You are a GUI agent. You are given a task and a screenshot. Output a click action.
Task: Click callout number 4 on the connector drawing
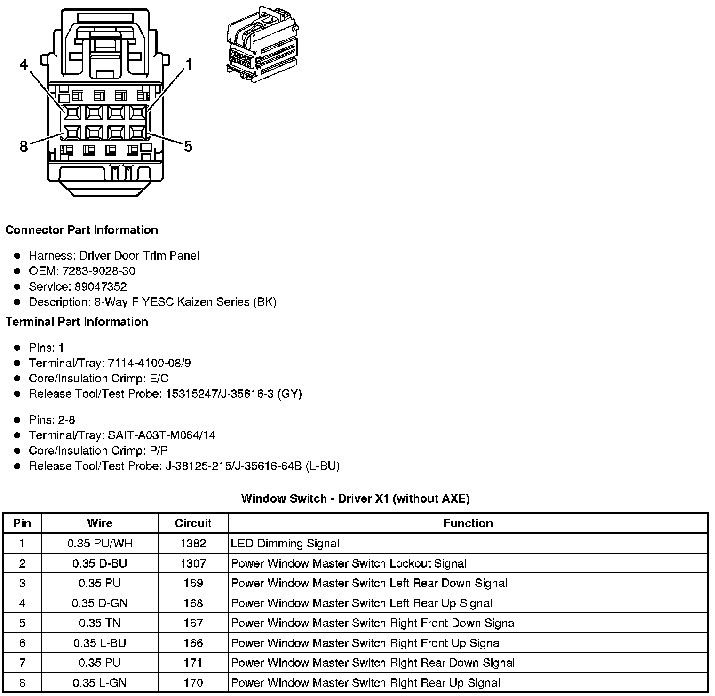point(24,65)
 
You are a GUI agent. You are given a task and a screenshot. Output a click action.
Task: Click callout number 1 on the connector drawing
point(189,65)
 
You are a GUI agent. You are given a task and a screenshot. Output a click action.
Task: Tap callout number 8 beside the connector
point(24,147)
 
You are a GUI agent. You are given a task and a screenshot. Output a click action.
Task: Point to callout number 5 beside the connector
point(188,147)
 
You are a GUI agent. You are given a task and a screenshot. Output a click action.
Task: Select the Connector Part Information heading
point(81,230)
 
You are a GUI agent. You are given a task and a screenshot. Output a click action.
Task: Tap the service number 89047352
point(101,286)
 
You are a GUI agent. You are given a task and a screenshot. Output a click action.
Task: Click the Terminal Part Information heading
point(77,322)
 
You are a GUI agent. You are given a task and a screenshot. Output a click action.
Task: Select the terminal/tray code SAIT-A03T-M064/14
point(161,435)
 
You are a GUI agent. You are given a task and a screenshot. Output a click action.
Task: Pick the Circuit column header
point(193,523)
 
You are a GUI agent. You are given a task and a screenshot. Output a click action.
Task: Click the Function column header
point(468,523)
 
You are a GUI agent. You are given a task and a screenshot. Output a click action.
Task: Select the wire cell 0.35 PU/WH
point(100,544)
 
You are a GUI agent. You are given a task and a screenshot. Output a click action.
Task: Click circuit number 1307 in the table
point(193,563)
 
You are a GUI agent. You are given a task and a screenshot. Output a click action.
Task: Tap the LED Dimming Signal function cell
point(285,544)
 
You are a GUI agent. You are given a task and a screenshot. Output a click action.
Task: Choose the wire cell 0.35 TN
point(100,623)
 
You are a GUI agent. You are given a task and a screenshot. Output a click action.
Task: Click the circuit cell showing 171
point(193,663)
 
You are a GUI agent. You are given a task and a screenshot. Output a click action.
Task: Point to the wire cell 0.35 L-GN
point(100,683)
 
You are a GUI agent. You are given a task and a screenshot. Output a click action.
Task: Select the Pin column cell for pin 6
point(22,643)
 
